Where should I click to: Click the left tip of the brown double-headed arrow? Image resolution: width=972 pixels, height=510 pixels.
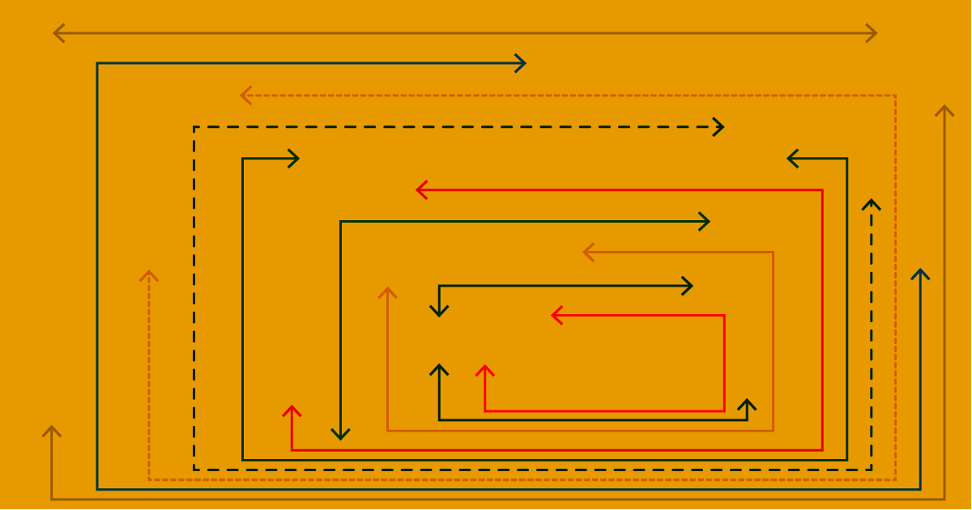54,33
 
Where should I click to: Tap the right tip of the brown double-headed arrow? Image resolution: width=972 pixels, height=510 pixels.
876,33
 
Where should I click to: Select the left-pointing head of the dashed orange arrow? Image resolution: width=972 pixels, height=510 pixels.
242,96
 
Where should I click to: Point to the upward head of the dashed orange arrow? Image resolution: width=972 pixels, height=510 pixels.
149,272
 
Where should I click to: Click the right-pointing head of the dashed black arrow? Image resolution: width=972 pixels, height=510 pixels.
723,127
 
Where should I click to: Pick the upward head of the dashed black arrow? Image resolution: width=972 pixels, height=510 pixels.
872,201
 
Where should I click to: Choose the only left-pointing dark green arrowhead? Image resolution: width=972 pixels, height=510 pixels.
789,159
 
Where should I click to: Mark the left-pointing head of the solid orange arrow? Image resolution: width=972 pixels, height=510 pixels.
585,253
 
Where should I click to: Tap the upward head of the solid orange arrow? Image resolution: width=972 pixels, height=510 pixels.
388,289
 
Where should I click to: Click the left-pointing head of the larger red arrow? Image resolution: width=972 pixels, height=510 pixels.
418,190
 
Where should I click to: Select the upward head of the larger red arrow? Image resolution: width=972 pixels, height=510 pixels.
292,407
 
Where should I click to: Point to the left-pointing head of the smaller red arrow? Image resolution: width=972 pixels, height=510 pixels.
553,316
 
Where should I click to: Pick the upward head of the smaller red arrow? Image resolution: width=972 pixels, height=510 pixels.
485,367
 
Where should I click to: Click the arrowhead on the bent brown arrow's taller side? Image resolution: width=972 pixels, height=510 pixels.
944,107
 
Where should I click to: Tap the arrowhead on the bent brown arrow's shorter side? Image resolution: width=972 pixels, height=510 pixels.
52,427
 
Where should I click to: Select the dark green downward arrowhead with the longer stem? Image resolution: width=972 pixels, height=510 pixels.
341,439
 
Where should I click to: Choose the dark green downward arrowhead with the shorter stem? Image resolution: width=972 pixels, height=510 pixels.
439,315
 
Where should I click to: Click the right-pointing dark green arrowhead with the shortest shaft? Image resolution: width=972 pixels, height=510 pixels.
297,159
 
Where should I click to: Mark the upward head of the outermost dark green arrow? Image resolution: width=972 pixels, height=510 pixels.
920,270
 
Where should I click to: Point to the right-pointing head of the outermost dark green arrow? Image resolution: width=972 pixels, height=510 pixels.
525,63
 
